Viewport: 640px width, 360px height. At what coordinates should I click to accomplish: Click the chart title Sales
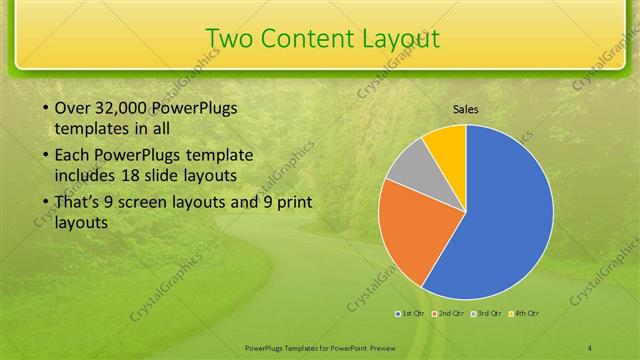[466, 108]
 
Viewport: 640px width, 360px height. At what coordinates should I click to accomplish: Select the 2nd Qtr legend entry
[447, 314]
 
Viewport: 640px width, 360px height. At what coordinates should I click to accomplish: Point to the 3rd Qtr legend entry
[485, 314]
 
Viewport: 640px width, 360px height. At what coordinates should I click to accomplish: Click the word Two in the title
[229, 38]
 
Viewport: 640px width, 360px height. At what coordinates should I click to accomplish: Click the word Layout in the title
[400, 38]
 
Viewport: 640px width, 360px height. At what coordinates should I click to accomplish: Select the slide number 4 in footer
[590, 347]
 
